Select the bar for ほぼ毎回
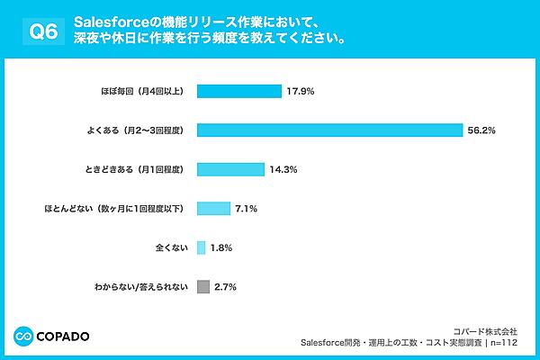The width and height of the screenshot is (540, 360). click(x=238, y=91)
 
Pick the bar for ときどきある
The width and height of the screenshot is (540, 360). click(x=229, y=169)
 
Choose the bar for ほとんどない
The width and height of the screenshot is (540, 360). click(x=213, y=209)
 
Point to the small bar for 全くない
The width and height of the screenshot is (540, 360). click(x=201, y=247)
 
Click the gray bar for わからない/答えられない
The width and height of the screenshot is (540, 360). click(x=202, y=287)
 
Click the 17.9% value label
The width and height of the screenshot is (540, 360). click(x=299, y=91)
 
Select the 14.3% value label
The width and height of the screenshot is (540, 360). click(x=283, y=169)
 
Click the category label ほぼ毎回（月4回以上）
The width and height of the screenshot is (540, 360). click(x=141, y=91)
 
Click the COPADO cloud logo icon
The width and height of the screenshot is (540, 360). click(x=22, y=336)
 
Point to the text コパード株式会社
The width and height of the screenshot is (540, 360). click(x=491, y=329)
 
